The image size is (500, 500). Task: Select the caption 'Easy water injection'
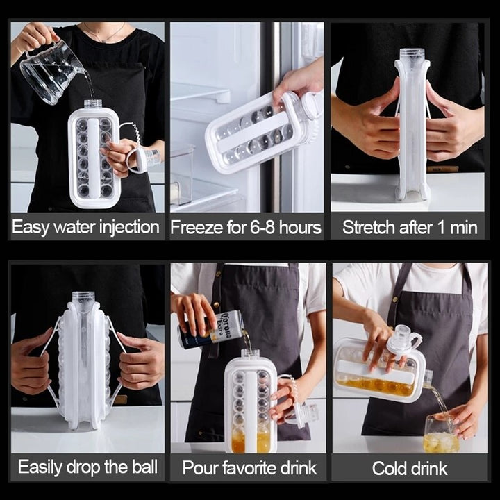(85, 227)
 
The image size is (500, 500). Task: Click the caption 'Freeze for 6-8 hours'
(246, 227)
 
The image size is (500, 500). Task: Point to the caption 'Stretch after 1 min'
(410, 227)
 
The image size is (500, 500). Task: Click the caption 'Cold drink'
(410, 467)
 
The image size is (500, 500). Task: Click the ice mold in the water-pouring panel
(94, 156)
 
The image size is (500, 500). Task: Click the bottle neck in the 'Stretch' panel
(412, 55)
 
